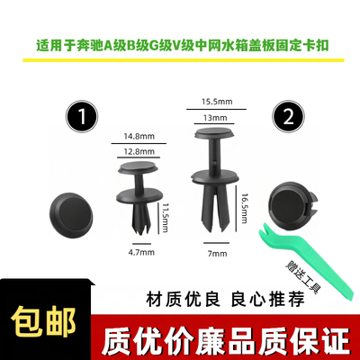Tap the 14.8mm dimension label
(138, 138)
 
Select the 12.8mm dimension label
(138, 152)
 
